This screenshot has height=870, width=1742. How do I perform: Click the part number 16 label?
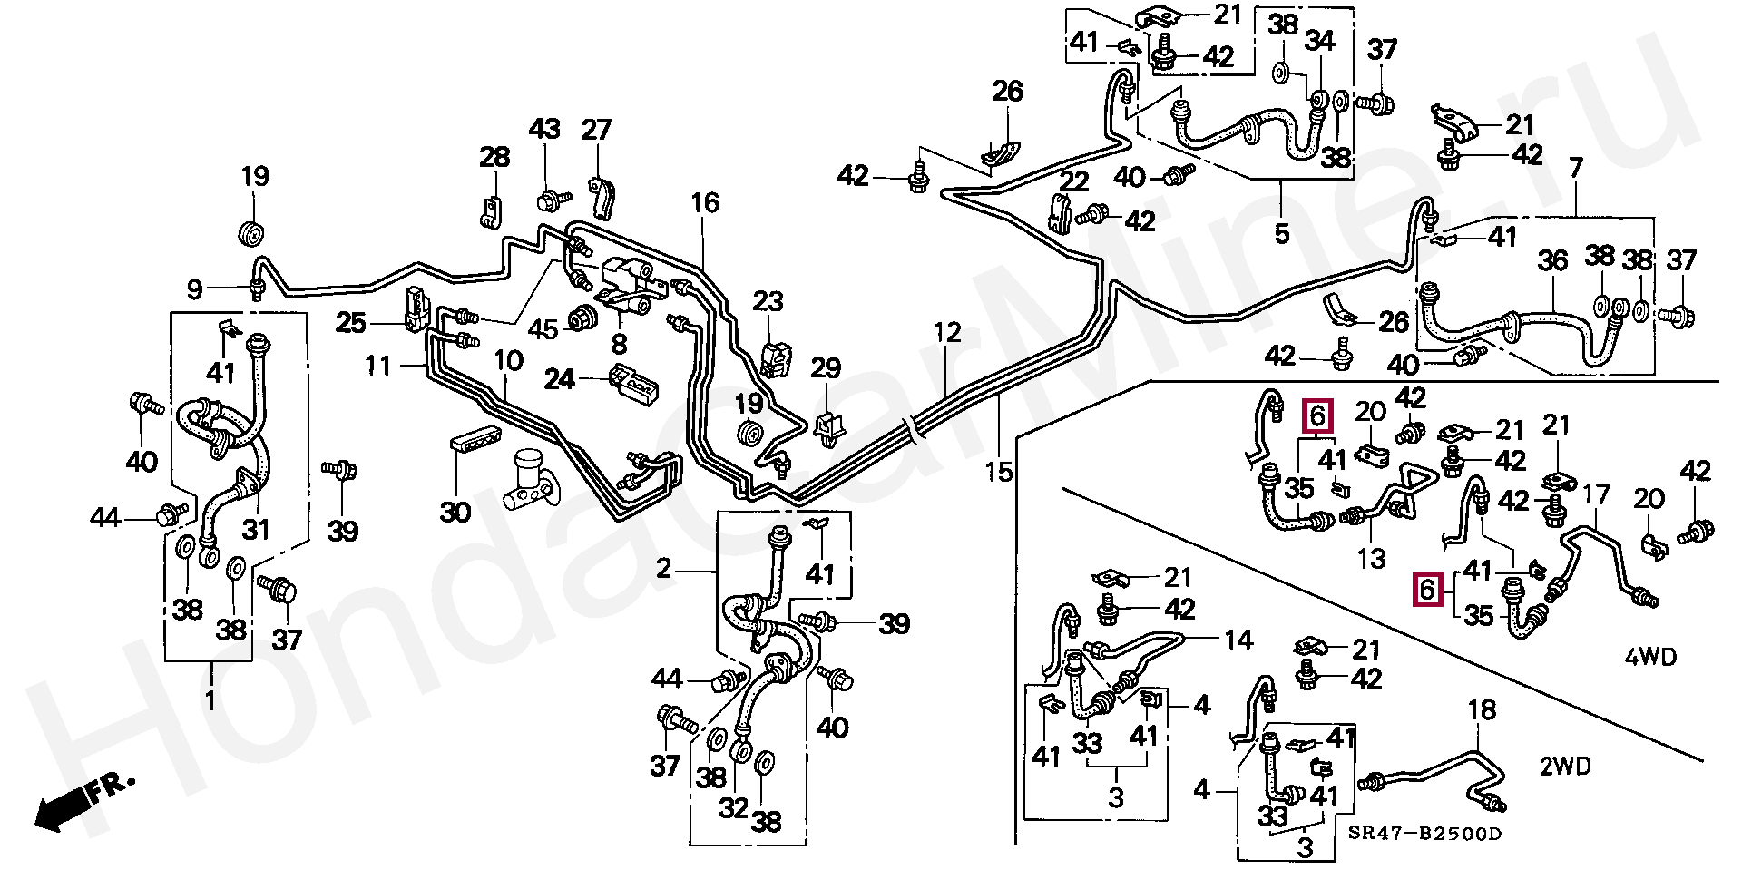coord(704,203)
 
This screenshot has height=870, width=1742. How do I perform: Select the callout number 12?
coord(946,333)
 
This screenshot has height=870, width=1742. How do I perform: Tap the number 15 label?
coord(998,472)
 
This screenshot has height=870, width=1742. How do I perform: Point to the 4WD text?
coord(1649,657)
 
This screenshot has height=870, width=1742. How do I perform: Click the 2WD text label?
coord(1565,767)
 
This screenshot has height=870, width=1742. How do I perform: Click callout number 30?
coord(455,513)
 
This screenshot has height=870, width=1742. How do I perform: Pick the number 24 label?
coord(559,377)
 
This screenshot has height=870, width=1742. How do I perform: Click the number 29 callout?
coord(826,368)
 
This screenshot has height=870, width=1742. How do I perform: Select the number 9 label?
coord(194,289)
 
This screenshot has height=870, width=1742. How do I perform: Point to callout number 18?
coord(1482,710)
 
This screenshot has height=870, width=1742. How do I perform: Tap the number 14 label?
coord(1238,640)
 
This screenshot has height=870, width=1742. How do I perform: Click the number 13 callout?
coord(1371,559)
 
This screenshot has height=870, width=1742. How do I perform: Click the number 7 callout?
coord(1576,168)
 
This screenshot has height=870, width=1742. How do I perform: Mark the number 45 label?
coord(543,329)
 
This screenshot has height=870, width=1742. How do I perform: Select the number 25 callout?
coord(350,322)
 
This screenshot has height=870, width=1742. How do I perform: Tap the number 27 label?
coord(596,131)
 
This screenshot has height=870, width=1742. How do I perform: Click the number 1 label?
coord(210,700)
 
